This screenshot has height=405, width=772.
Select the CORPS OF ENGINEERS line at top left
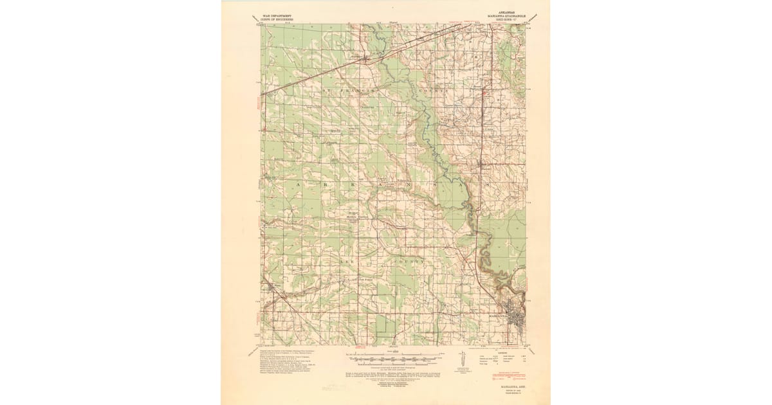pyautogui.click(x=278, y=19)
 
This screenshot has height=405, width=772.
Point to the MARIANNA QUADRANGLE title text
pyautogui.click(x=504, y=15)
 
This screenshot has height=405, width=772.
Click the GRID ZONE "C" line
pyautogui.click(x=504, y=19)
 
